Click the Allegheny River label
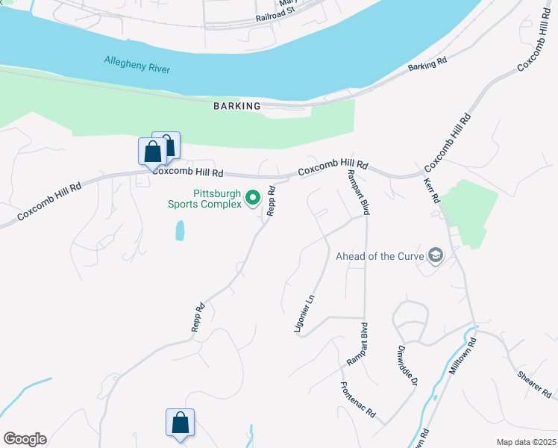coord(137,64)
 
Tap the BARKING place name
coord(237,106)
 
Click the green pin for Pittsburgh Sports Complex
coord(253,198)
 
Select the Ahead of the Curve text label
coord(379,256)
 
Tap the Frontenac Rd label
coord(357,399)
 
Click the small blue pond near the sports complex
coord(180,230)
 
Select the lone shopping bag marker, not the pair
coord(180,423)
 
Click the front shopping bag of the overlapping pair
coord(152,152)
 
